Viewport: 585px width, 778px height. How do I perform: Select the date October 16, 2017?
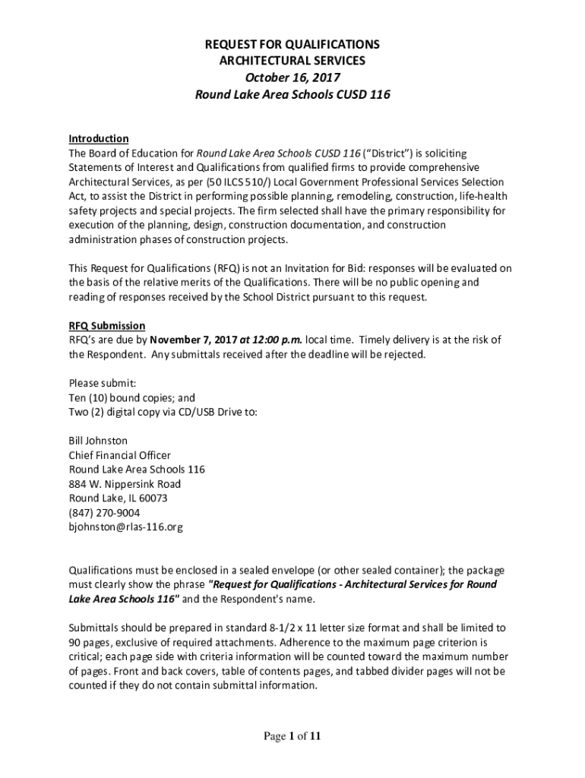(292, 77)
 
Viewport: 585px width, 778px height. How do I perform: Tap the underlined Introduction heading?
(99, 138)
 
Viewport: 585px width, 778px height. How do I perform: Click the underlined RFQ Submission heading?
(107, 326)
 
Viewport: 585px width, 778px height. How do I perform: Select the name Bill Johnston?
(98, 441)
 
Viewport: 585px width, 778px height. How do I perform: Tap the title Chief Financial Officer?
(120, 455)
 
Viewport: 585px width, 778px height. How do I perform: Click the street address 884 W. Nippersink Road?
(125, 484)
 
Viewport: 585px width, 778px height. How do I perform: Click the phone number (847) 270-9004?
(104, 513)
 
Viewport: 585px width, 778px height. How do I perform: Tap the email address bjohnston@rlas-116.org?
(126, 527)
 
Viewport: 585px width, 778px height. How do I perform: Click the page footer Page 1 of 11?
(292, 736)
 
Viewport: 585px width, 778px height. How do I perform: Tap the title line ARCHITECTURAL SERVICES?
(292, 61)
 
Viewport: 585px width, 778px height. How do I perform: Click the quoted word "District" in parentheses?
(386, 153)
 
